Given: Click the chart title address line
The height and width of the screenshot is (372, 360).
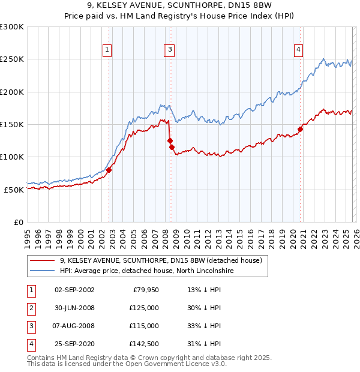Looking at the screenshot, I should [x=179, y=7].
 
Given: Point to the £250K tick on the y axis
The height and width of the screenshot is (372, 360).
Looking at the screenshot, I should [x=12, y=59].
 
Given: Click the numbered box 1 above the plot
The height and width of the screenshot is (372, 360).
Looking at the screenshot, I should [x=107, y=50].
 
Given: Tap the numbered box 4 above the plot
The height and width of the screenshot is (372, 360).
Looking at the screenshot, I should [x=298, y=50].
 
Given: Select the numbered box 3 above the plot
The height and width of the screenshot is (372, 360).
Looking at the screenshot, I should [x=170, y=50].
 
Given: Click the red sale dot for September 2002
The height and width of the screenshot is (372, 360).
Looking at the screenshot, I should [x=109, y=170].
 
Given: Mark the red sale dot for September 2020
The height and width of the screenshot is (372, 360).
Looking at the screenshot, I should [x=300, y=129].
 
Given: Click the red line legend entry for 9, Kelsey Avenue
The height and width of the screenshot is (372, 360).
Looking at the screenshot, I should [x=161, y=261].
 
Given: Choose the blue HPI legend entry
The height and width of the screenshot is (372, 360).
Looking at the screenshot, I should [x=149, y=271].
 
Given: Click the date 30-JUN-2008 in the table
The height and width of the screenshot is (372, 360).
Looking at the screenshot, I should [x=74, y=308].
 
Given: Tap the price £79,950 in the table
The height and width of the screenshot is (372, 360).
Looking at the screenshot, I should [x=144, y=290].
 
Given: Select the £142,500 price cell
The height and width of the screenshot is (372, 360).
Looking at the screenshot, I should [x=144, y=344].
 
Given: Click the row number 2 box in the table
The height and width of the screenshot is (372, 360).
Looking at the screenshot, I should [x=31, y=308].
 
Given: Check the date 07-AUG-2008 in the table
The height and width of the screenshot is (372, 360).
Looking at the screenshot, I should [x=74, y=326].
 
